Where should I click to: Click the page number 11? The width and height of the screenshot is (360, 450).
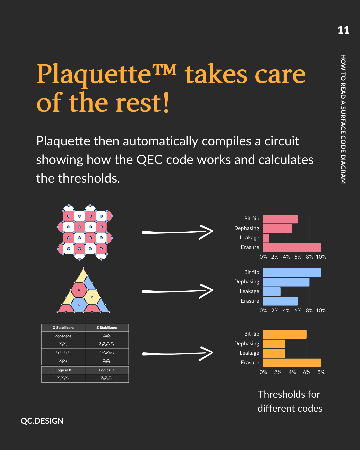[x=343, y=30]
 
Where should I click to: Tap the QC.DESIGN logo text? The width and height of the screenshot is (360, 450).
[x=42, y=421]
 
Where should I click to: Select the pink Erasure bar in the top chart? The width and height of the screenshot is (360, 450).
[x=292, y=247]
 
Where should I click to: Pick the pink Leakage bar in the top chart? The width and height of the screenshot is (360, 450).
[x=266, y=238]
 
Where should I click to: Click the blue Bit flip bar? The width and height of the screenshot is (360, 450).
[x=292, y=273]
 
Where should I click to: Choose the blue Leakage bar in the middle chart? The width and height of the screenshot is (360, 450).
[x=272, y=292]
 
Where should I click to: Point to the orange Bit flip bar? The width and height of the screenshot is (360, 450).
[x=285, y=334]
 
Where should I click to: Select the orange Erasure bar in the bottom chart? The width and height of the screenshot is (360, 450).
[x=292, y=363]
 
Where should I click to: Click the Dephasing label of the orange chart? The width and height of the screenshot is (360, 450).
[x=247, y=344]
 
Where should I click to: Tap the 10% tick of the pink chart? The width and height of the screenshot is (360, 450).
[x=321, y=257]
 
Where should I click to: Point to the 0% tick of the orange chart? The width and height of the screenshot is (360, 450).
[x=263, y=372]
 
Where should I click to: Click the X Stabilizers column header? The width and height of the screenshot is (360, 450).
[x=63, y=328]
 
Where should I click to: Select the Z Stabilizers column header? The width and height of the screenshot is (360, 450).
[x=107, y=328]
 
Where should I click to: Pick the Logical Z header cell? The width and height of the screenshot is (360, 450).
[x=107, y=370]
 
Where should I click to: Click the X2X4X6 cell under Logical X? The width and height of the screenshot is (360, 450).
[x=63, y=378]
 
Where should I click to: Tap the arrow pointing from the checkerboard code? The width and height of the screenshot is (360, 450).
[x=177, y=232]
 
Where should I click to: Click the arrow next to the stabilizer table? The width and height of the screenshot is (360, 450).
[x=177, y=353]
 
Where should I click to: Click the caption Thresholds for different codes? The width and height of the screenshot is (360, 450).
[x=290, y=401]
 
